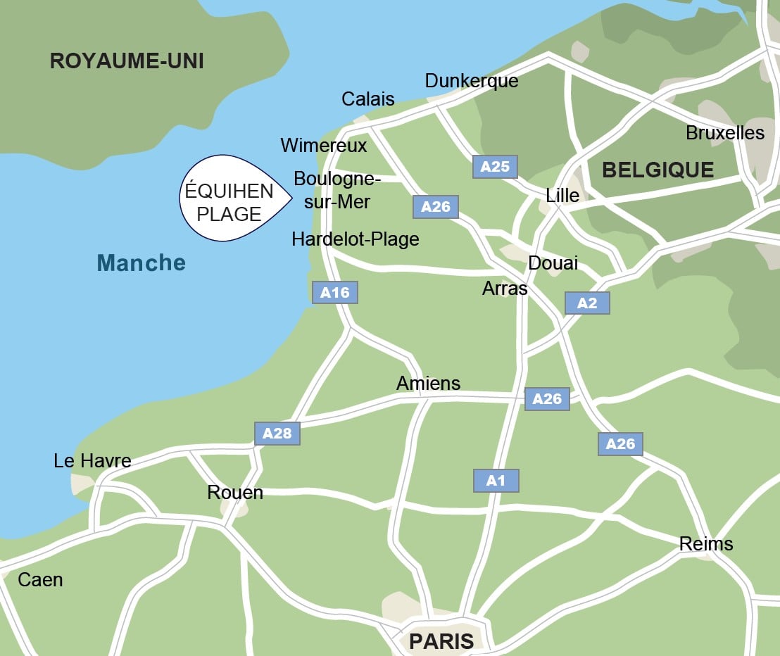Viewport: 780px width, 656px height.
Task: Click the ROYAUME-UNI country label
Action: click(x=127, y=61)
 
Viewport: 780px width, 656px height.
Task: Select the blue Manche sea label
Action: click(x=141, y=263)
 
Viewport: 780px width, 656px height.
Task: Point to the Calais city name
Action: click(x=368, y=99)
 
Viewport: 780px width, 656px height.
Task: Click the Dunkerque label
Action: click(x=472, y=81)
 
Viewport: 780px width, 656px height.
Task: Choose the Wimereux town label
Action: click(x=324, y=146)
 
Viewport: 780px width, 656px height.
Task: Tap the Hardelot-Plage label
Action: click(x=356, y=239)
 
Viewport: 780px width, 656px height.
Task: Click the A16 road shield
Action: click(x=335, y=292)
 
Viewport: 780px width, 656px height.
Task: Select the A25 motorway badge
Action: click(x=495, y=167)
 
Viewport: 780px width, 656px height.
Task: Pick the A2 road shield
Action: click(x=587, y=303)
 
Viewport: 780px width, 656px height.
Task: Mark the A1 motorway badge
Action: click(x=496, y=481)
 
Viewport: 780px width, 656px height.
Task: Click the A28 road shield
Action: click(x=277, y=434)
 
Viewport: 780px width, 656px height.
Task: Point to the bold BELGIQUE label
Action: click(x=658, y=170)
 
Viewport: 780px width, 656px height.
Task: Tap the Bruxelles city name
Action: click(x=725, y=133)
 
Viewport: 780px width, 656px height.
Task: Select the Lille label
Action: click(x=562, y=196)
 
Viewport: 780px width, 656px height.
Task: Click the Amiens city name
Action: click(x=428, y=384)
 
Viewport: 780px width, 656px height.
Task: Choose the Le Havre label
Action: click(x=92, y=461)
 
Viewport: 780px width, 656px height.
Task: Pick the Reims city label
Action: click(x=706, y=544)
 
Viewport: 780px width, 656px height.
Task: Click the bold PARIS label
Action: click(x=441, y=641)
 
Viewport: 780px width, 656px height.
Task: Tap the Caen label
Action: click(x=40, y=580)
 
